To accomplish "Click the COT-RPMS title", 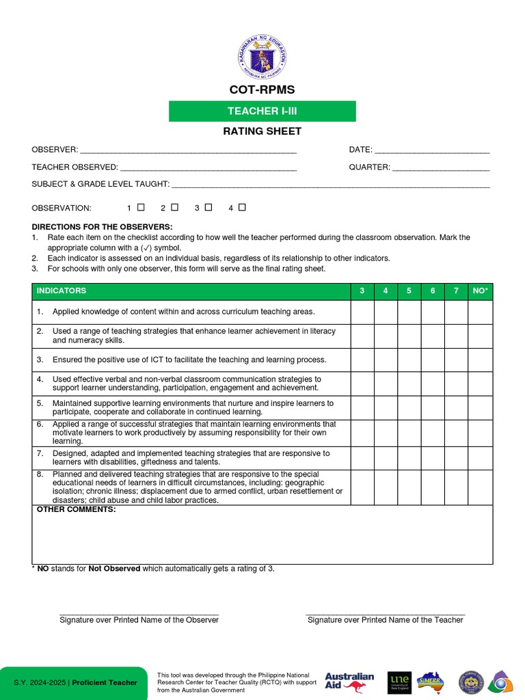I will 262,90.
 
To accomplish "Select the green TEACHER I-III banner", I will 262,111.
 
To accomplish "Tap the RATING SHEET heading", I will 262,131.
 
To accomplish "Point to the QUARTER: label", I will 369,167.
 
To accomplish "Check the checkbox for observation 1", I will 141,207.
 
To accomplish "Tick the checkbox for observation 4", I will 242,207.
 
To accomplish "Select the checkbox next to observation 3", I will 208,207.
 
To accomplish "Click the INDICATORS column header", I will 62,291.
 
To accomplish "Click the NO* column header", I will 480,291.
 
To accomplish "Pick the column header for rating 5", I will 409,291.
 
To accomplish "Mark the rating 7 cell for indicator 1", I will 456,312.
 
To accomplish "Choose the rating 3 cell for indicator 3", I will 362,360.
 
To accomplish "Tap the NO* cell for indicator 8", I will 480,487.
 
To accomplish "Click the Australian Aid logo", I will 349,682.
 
